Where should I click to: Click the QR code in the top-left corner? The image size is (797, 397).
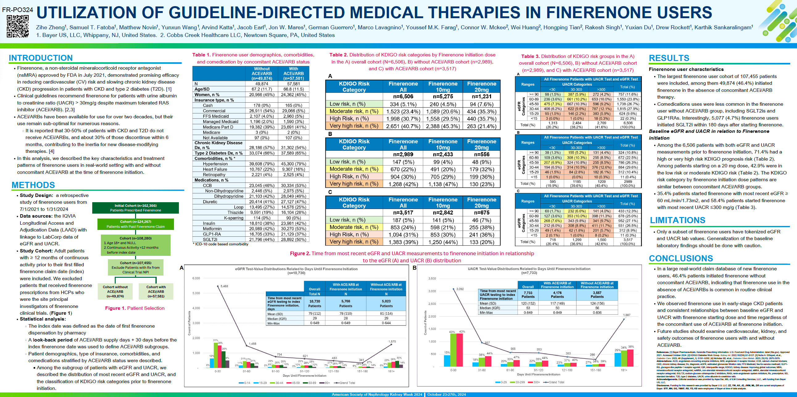tap(18, 26)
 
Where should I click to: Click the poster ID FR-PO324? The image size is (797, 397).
tap(17, 10)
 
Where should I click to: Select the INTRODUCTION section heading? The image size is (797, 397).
tap(40, 58)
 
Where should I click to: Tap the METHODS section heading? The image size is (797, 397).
tap(33, 185)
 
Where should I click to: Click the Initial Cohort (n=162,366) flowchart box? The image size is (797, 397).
tap(135, 208)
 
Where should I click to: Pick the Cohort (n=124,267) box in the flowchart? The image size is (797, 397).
tap(135, 224)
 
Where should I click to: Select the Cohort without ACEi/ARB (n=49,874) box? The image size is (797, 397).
tap(115, 292)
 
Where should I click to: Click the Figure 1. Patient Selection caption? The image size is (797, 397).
tap(134, 308)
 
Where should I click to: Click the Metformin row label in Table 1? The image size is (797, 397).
tap(212, 228)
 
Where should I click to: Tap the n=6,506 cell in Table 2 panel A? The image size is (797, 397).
tap(403, 96)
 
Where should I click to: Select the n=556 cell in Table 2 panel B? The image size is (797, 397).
tap(481, 154)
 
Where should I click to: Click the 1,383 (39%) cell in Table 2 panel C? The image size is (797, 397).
tap(403, 242)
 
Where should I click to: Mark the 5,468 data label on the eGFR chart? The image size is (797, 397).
tap(224, 286)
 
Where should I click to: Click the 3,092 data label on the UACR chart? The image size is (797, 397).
tap(460, 289)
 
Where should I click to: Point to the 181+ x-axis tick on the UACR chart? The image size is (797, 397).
tap(624, 370)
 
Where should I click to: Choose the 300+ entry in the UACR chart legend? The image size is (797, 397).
tap(536, 383)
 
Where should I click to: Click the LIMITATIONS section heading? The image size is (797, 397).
tap(677, 220)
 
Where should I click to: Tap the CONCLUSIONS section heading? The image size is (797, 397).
tap(681, 258)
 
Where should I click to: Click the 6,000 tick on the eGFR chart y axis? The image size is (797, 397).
tap(196, 278)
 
